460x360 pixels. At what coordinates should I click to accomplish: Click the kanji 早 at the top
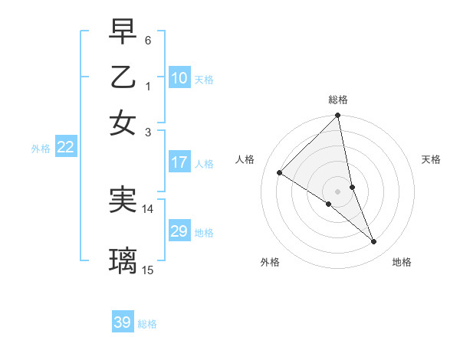[123, 33]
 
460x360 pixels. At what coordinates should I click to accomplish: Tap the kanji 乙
[123, 77]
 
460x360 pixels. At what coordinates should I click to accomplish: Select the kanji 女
[123, 122]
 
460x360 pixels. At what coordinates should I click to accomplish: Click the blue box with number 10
[179, 78]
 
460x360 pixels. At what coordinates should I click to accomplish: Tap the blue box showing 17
[179, 162]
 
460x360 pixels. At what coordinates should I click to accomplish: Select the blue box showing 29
[179, 231]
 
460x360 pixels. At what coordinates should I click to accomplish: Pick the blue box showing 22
[65, 148]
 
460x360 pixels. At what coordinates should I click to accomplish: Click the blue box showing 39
[123, 322]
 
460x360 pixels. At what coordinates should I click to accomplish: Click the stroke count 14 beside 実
[148, 208]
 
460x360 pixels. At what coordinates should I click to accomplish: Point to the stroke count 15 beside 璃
[148, 270]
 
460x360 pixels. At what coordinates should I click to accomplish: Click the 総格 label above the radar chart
[338, 100]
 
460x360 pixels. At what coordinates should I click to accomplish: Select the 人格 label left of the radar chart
[245, 159]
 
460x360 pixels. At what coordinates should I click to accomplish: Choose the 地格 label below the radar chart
[402, 262]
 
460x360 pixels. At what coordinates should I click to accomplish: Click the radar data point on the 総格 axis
[338, 116]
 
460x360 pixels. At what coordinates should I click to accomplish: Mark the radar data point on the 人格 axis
[280, 173]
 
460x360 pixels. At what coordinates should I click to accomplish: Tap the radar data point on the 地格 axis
[374, 242]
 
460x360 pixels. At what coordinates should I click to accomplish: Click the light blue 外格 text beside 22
[41, 149]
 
